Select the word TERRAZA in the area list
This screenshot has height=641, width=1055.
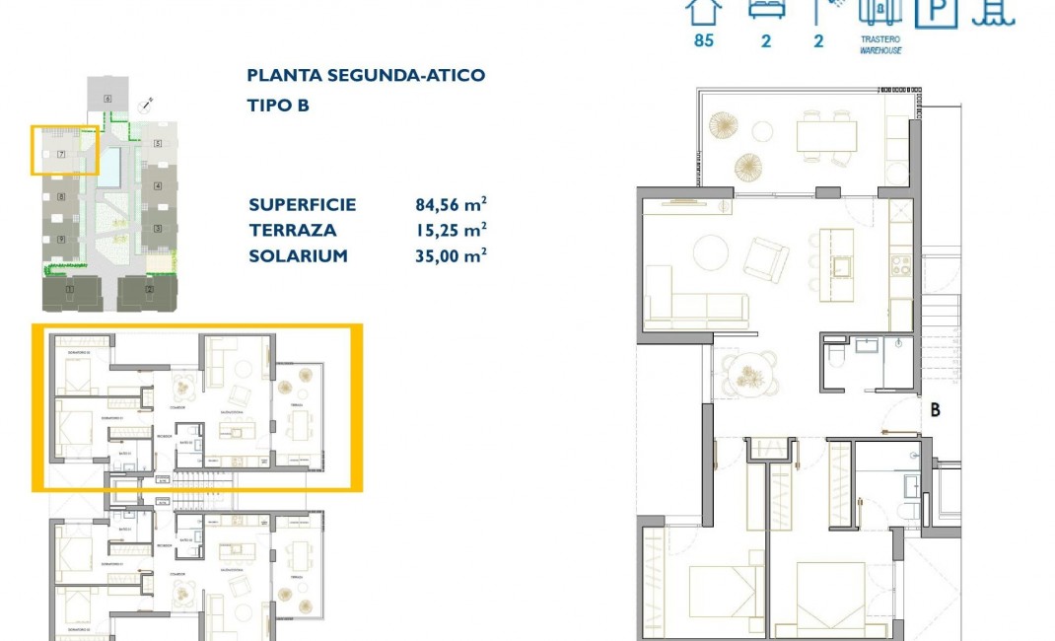(293, 231)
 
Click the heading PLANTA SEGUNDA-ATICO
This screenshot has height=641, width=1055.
(366, 75)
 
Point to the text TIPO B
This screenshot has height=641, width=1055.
(278, 106)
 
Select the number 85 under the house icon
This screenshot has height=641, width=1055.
(703, 40)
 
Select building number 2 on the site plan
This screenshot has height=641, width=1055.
(149, 289)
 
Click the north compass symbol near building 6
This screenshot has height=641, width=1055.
(147, 103)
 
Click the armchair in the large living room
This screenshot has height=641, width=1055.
(766, 259)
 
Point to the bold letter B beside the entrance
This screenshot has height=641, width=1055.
(934, 409)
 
